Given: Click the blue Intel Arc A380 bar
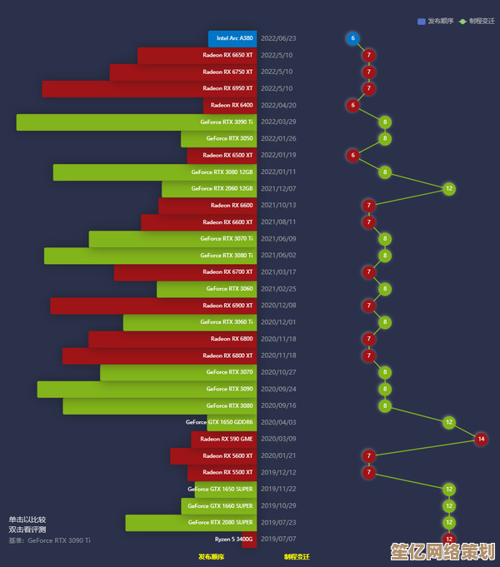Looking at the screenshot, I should [232, 38].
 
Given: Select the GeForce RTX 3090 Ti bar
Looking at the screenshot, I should [137, 122].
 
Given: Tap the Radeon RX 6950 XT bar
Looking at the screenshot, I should [150, 88].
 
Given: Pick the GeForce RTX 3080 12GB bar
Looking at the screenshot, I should [155, 172].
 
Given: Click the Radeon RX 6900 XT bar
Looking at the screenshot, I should [153, 306].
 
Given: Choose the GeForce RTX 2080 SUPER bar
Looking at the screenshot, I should [191, 522].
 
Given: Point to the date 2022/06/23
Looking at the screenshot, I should [278, 38].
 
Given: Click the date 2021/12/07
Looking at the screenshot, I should [278, 189].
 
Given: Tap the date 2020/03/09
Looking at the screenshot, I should [278, 439].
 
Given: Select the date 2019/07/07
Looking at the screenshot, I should [278, 539].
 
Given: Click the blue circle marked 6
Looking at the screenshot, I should [352, 38].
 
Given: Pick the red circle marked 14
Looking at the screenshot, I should [481, 439].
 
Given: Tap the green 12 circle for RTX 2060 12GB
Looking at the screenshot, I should [449, 189].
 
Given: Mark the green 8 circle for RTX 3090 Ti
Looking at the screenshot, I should [385, 122].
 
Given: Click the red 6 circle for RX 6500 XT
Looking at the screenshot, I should [352, 156].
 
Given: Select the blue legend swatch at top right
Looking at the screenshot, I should [422, 21].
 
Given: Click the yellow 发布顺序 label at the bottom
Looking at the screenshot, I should [211, 556].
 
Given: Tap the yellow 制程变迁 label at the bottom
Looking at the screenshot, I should [296, 556].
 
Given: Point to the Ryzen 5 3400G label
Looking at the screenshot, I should [233, 539].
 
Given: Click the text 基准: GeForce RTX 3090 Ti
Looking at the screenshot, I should [49, 540].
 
